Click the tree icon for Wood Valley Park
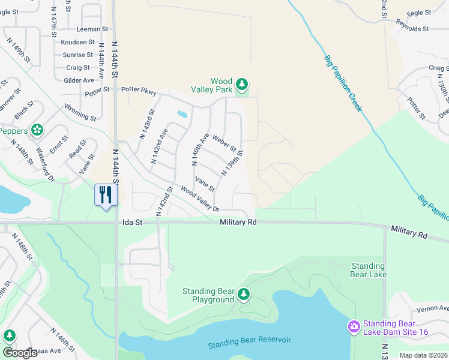(241, 85)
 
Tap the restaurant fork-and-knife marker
(106, 195)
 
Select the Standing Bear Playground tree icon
(243, 294)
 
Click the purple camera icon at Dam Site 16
(354, 326)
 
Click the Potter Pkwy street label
(139, 91)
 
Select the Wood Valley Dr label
(200, 200)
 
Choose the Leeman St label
(92, 29)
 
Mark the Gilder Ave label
(79, 80)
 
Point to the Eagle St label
(418, 12)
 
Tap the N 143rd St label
(147, 124)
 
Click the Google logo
(20, 353)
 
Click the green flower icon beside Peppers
(37, 130)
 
